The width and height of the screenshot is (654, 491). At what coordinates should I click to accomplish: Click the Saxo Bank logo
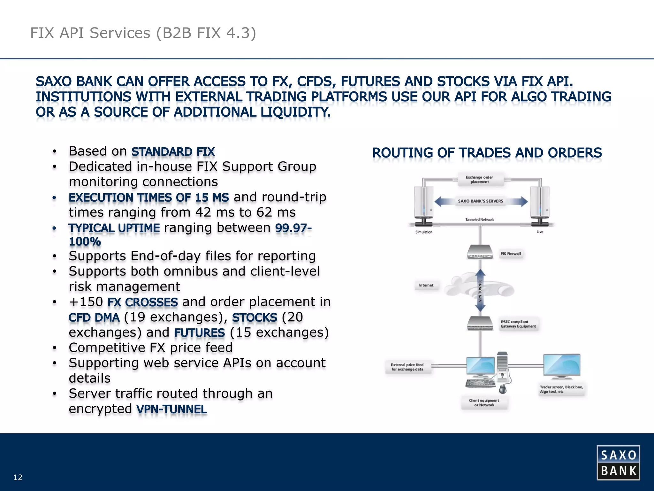(x=618, y=463)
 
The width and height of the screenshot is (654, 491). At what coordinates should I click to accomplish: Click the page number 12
(x=18, y=477)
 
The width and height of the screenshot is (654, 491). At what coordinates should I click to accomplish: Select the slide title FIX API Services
(x=143, y=33)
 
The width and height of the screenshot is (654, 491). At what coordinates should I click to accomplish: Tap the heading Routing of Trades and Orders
(x=487, y=153)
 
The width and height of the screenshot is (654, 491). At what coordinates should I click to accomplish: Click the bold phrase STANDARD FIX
(x=173, y=152)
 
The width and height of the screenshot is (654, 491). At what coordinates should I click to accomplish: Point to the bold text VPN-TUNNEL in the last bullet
(x=171, y=409)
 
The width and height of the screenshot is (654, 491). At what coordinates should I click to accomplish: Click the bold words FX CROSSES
(x=142, y=302)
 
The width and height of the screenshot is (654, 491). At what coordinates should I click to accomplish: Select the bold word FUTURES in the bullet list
(x=200, y=333)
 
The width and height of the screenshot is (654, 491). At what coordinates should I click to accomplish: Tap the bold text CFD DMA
(x=94, y=317)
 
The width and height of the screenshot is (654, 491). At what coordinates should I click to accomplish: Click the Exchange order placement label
(x=479, y=179)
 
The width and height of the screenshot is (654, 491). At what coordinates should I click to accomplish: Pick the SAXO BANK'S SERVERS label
(x=480, y=201)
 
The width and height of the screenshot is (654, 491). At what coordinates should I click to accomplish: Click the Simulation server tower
(x=423, y=203)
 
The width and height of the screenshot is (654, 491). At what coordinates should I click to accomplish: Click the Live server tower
(x=540, y=203)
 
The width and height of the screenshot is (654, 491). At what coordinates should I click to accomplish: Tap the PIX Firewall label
(x=510, y=253)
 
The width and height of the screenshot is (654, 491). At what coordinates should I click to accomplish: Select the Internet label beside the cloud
(x=426, y=285)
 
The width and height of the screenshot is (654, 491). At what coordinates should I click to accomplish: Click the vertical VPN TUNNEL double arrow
(x=480, y=290)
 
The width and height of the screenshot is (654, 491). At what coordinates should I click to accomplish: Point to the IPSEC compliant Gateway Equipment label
(x=518, y=324)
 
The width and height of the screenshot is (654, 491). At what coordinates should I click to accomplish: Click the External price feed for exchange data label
(x=407, y=367)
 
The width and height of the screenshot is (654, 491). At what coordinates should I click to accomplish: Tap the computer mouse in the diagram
(x=503, y=389)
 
